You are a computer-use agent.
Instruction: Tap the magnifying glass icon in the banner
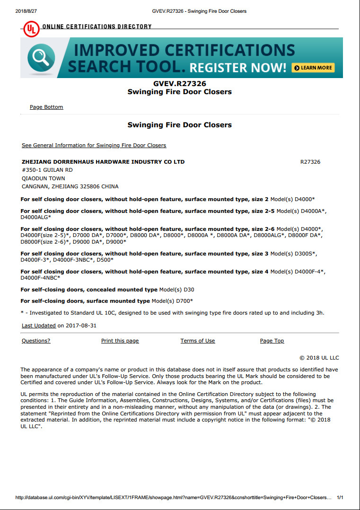(38, 57)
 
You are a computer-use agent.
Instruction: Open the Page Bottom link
(46, 107)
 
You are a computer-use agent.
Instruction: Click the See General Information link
(94, 145)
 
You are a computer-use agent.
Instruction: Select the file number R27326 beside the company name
(310, 162)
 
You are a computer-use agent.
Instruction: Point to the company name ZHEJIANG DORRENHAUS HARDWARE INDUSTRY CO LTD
(103, 162)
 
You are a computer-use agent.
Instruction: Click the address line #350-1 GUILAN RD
(47, 170)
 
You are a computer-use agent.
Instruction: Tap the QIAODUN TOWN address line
(44, 178)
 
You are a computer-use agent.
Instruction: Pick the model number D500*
(105, 260)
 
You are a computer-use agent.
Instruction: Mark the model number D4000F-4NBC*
(40, 278)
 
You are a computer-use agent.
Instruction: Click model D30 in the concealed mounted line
(189, 290)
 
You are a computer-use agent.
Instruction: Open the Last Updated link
(39, 325)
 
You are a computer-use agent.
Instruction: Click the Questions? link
(36, 341)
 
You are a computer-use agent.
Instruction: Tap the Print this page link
(120, 341)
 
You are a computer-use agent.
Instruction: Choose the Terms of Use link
(198, 341)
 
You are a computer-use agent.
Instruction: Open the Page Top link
(272, 341)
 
